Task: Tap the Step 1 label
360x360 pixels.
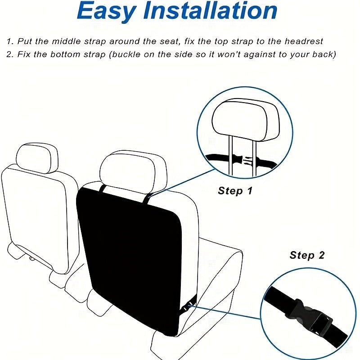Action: [235, 191]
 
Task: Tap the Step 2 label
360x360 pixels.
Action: [307, 256]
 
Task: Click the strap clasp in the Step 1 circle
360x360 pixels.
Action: [243, 159]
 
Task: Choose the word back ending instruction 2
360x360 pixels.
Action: [325, 54]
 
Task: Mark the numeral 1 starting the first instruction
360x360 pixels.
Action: [9, 41]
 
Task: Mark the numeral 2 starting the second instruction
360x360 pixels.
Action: [9, 54]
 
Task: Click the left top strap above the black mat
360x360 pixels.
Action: [103, 189]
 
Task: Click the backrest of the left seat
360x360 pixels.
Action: [34, 211]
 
